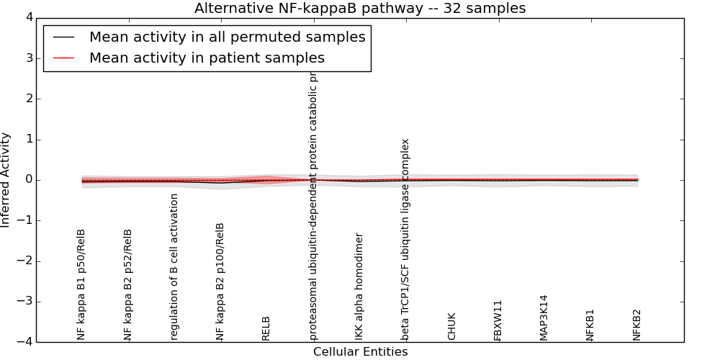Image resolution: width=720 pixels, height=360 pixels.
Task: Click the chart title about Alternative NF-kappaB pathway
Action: [x=360, y=9]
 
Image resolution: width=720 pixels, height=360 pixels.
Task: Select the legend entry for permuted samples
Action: [x=227, y=37]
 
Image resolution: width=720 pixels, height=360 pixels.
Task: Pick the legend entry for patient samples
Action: [x=207, y=58]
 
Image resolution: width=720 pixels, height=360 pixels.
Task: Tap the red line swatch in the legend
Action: [x=63, y=58]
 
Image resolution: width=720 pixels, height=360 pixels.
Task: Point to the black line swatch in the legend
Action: [x=63, y=37]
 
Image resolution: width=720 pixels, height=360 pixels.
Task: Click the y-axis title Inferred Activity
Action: [x=6, y=179]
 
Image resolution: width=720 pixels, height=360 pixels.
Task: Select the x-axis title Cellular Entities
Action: [x=360, y=352]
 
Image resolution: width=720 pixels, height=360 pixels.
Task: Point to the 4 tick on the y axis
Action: [x=28, y=17]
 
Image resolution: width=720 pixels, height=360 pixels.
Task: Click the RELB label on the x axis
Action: [x=266, y=328]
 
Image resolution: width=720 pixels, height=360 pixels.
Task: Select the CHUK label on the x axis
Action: [x=452, y=326]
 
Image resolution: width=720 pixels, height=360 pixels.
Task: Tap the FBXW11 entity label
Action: [x=498, y=320]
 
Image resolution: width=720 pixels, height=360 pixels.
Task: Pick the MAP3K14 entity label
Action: [x=544, y=317]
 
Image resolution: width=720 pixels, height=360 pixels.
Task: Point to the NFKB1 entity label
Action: [x=590, y=324]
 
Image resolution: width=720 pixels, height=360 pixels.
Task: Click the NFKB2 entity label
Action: [x=637, y=324]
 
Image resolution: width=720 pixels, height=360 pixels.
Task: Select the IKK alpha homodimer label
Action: [x=359, y=286]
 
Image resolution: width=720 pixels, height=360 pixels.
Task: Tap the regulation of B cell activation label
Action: [x=174, y=266]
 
